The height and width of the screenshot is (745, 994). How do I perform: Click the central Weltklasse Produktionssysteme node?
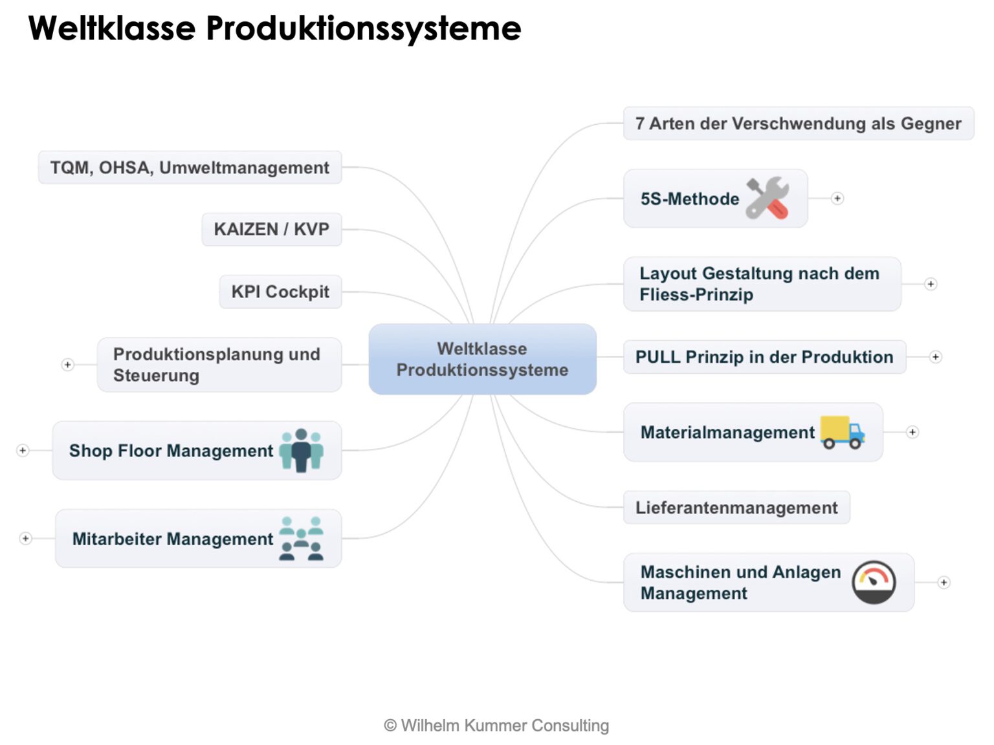click(482, 359)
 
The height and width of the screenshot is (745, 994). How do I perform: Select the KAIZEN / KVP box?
click(271, 230)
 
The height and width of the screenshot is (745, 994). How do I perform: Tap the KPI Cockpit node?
click(280, 292)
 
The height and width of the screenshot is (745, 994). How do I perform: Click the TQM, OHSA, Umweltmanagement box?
click(190, 167)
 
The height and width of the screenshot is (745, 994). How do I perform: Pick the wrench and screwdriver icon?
click(768, 198)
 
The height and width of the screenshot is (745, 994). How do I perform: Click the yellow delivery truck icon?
click(843, 432)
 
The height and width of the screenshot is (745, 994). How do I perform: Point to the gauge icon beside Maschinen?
click(874, 582)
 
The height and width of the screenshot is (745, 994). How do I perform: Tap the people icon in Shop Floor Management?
click(302, 450)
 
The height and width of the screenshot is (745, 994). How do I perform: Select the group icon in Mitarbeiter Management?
click(302, 538)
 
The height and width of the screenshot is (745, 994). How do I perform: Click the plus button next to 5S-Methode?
click(837, 199)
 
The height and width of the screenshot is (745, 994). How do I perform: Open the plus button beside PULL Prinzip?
click(935, 357)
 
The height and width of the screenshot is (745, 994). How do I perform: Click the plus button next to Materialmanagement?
click(912, 432)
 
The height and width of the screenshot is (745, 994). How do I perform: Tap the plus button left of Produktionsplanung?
click(67, 365)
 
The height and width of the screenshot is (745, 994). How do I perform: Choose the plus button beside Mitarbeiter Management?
click(25, 538)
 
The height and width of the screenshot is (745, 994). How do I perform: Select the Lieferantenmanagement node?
click(736, 508)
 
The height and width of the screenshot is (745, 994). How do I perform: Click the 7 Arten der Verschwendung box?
click(798, 124)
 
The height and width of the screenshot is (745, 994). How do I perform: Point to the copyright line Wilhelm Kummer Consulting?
click(497, 726)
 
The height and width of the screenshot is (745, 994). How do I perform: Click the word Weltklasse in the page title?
click(112, 28)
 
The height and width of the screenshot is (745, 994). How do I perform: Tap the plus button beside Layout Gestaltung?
click(931, 284)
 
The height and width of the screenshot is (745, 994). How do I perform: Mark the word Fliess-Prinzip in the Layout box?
click(696, 295)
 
